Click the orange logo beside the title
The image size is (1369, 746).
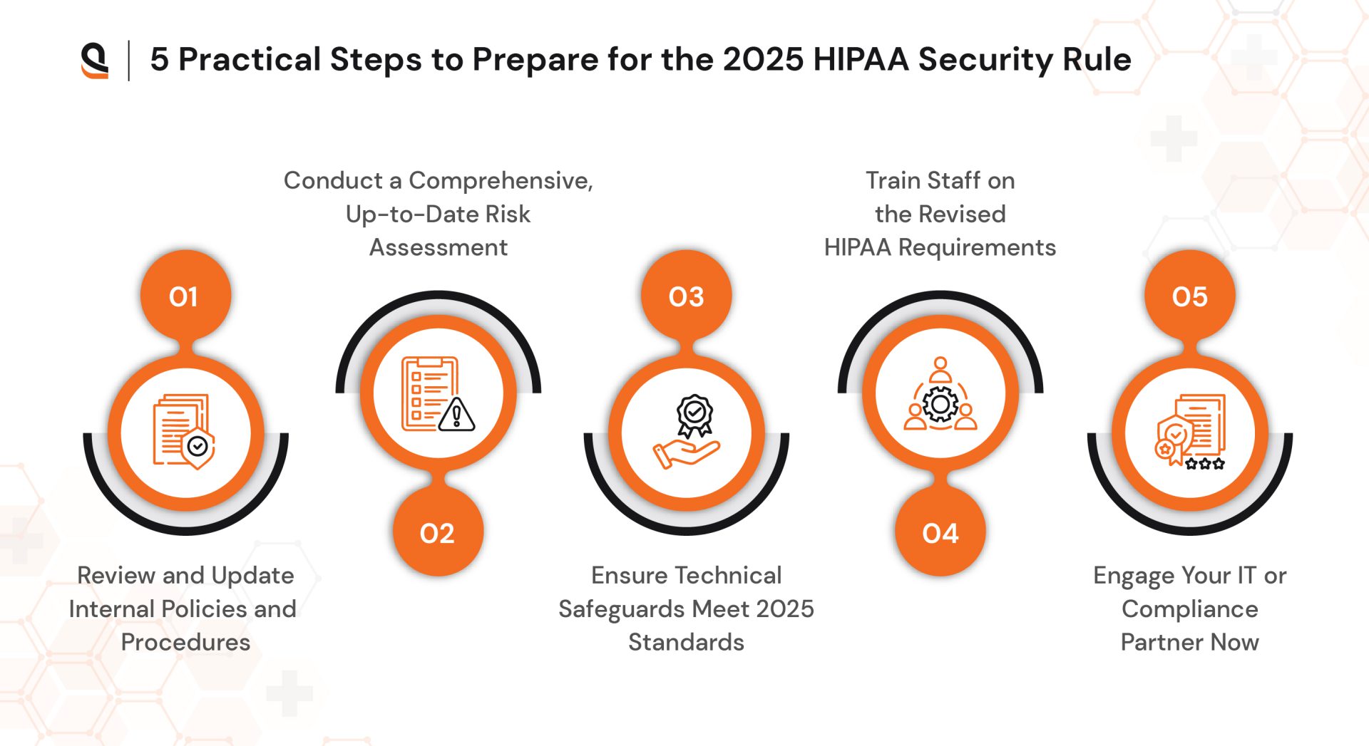pyautogui.click(x=95, y=60)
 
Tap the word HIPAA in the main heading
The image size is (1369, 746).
pyautogui.click(x=861, y=59)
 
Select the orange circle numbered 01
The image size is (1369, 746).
pyautogui.click(x=185, y=296)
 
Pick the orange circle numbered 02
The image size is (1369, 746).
pyautogui.click(x=438, y=533)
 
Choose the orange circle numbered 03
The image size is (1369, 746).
pyautogui.click(x=686, y=296)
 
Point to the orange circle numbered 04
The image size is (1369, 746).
pyautogui.click(x=940, y=533)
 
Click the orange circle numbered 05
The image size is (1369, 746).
pyautogui.click(x=1189, y=296)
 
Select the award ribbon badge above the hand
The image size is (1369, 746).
pyautogui.click(x=694, y=414)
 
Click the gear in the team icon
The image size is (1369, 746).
pyautogui.click(x=940, y=405)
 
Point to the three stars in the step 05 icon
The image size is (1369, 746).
pyautogui.click(x=1205, y=464)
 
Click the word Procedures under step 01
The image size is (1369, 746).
pyautogui.click(x=185, y=642)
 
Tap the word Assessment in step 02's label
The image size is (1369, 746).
pyautogui.click(x=438, y=247)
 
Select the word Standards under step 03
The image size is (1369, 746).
pyautogui.click(x=686, y=642)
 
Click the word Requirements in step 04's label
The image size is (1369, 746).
pyautogui.click(x=977, y=247)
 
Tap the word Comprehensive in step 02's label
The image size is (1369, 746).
pyautogui.click(x=501, y=180)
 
